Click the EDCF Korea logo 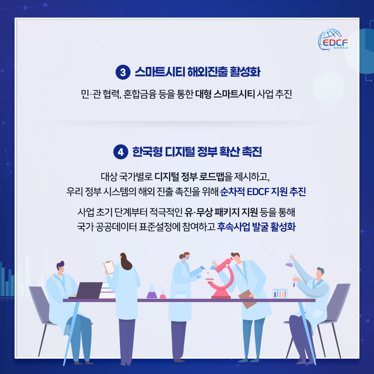333,40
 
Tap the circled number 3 123,72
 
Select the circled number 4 121,152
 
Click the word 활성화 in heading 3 245,72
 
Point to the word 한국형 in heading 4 147,152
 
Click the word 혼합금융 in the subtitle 140,94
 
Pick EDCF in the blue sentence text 258,191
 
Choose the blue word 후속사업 233,227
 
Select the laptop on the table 86,291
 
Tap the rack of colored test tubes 280,294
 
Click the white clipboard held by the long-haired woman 109,267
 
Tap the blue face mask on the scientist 188,258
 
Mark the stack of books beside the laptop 107,291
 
